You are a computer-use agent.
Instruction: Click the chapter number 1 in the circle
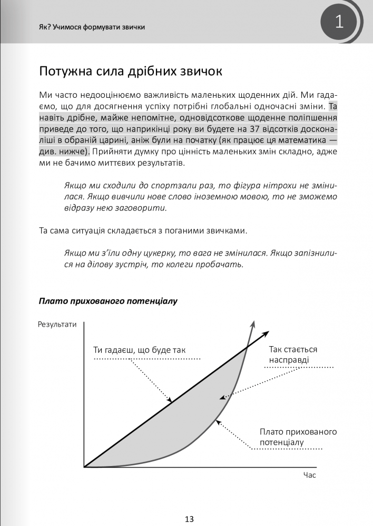tap(339, 22)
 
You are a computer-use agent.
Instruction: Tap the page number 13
tap(190, 519)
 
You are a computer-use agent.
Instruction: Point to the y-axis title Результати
tap(57, 325)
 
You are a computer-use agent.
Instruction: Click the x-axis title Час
tap(309, 475)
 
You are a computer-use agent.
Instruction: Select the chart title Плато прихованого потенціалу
tap(108, 301)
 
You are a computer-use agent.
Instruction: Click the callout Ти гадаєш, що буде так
tap(140, 350)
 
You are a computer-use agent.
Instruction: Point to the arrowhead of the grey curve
tap(254, 324)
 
